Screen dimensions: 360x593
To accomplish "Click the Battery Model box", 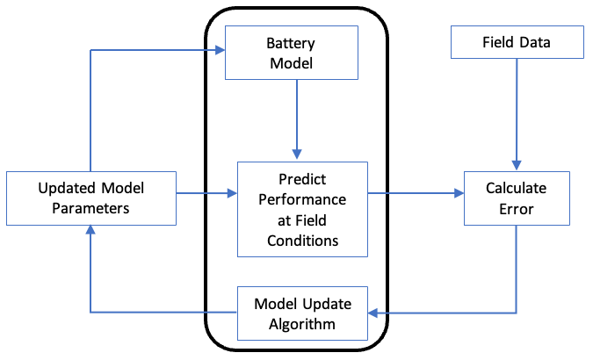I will (292, 52).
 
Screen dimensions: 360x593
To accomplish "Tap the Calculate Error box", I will (516, 198).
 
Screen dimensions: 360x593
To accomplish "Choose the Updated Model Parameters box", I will (91, 198).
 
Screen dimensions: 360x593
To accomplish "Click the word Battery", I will (292, 43).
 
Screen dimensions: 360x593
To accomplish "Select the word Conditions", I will (300, 239).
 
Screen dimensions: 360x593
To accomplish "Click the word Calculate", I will (517, 188).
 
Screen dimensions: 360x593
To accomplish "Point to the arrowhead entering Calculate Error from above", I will (517, 166).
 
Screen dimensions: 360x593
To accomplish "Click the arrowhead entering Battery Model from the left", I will (220, 51).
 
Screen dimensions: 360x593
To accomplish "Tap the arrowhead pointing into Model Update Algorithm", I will (372, 313).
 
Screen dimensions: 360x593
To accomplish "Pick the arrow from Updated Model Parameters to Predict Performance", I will (206, 193).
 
